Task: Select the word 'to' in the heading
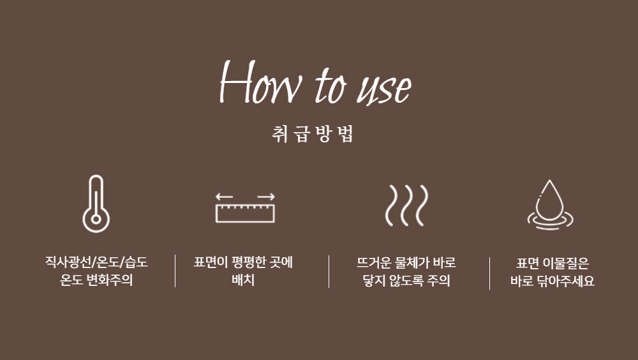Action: [330, 84]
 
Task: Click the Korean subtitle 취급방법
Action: [313, 133]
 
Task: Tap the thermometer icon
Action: [96, 204]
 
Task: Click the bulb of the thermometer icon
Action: [96, 219]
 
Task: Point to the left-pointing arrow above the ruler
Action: [224, 197]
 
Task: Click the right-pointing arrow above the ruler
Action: [266, 197]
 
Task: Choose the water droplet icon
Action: [550, 205]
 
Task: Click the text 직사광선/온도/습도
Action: [96, 262]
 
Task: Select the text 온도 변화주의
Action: [96, 280]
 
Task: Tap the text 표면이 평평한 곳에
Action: [243, 262]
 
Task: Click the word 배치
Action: [243, 280]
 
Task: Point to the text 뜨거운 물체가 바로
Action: [406, 262]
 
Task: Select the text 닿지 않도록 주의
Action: [406, 280]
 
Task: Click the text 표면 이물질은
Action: [552, 263]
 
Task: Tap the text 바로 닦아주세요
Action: [552, 281]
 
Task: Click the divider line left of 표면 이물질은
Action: [489, 273]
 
